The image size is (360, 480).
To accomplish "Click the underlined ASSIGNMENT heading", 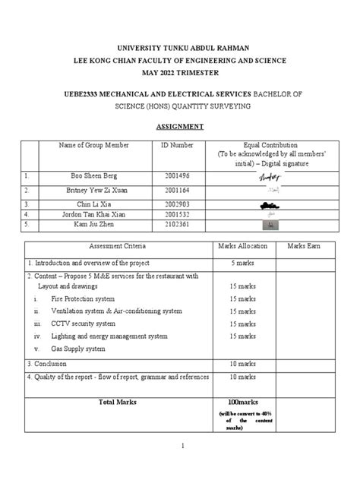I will point(180,127).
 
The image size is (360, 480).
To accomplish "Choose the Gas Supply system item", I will point(78,349).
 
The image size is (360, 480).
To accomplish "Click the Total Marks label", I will point(117,400).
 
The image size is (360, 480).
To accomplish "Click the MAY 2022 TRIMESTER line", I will point(179,71).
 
